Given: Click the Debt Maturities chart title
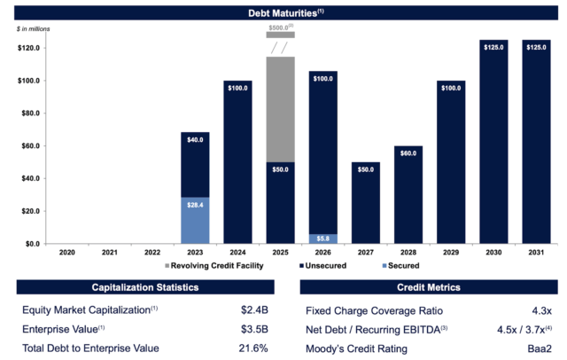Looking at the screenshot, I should click(283, 12).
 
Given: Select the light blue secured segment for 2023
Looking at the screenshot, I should click(194, 220).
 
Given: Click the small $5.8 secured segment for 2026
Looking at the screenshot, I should click(322, 239).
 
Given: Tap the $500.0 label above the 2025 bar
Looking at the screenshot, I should click(280, 27).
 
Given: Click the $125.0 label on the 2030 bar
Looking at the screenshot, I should click(493, 45).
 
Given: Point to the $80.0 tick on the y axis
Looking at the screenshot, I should click(29, 113).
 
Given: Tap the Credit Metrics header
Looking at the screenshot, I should click(428, 287).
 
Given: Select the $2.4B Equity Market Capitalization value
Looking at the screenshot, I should click(253, 311).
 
